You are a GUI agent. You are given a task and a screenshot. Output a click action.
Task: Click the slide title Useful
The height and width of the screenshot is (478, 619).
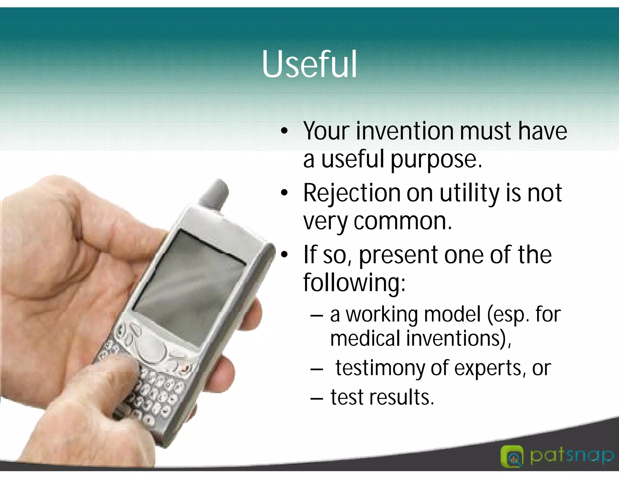point(309,64)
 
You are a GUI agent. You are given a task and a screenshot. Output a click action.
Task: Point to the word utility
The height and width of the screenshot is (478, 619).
point(469,193)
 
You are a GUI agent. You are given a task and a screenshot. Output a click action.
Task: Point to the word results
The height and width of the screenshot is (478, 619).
point(401,397)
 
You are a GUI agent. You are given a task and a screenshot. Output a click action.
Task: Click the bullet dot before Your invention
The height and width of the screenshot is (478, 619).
point(284,131)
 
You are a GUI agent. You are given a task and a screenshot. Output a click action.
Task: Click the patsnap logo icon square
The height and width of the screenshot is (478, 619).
point(512,456)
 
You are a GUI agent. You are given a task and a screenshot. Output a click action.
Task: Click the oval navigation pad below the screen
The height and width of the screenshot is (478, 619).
point(151,350)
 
